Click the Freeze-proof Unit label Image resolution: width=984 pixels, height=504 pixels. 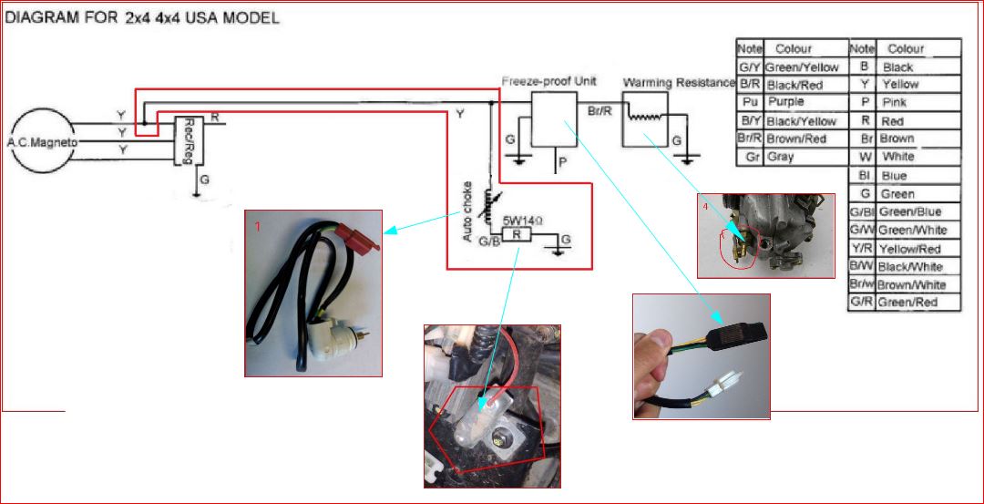548,81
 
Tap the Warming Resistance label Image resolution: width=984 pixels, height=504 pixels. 679,83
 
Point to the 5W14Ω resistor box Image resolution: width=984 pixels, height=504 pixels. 517,234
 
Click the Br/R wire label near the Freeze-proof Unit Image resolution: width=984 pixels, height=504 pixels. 600,109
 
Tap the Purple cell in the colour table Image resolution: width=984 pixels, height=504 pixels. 785,102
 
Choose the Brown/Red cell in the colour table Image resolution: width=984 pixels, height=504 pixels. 795,139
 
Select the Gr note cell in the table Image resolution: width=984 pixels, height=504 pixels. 751,157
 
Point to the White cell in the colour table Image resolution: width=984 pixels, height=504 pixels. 897,157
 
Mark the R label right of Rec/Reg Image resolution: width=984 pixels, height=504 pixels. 214,118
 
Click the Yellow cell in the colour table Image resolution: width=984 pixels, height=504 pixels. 899,84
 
